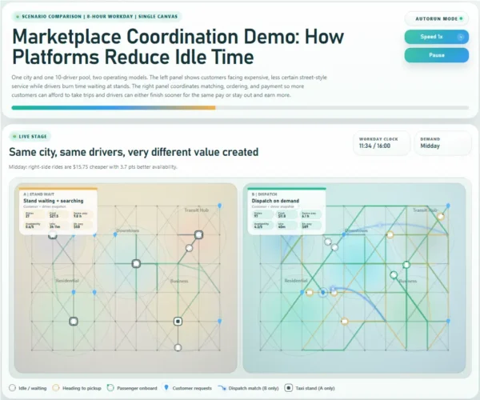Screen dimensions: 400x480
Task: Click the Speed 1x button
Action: (x=436, y=36)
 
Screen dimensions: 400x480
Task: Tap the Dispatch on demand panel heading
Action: (x=279, y=202)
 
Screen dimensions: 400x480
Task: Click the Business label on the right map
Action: (x=407, y=281)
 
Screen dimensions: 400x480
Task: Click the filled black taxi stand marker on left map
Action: (x=178, y=322)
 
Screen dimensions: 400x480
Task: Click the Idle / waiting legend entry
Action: (x=28, y=387)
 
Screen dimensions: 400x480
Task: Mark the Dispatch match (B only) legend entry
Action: (x=252, y=387)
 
